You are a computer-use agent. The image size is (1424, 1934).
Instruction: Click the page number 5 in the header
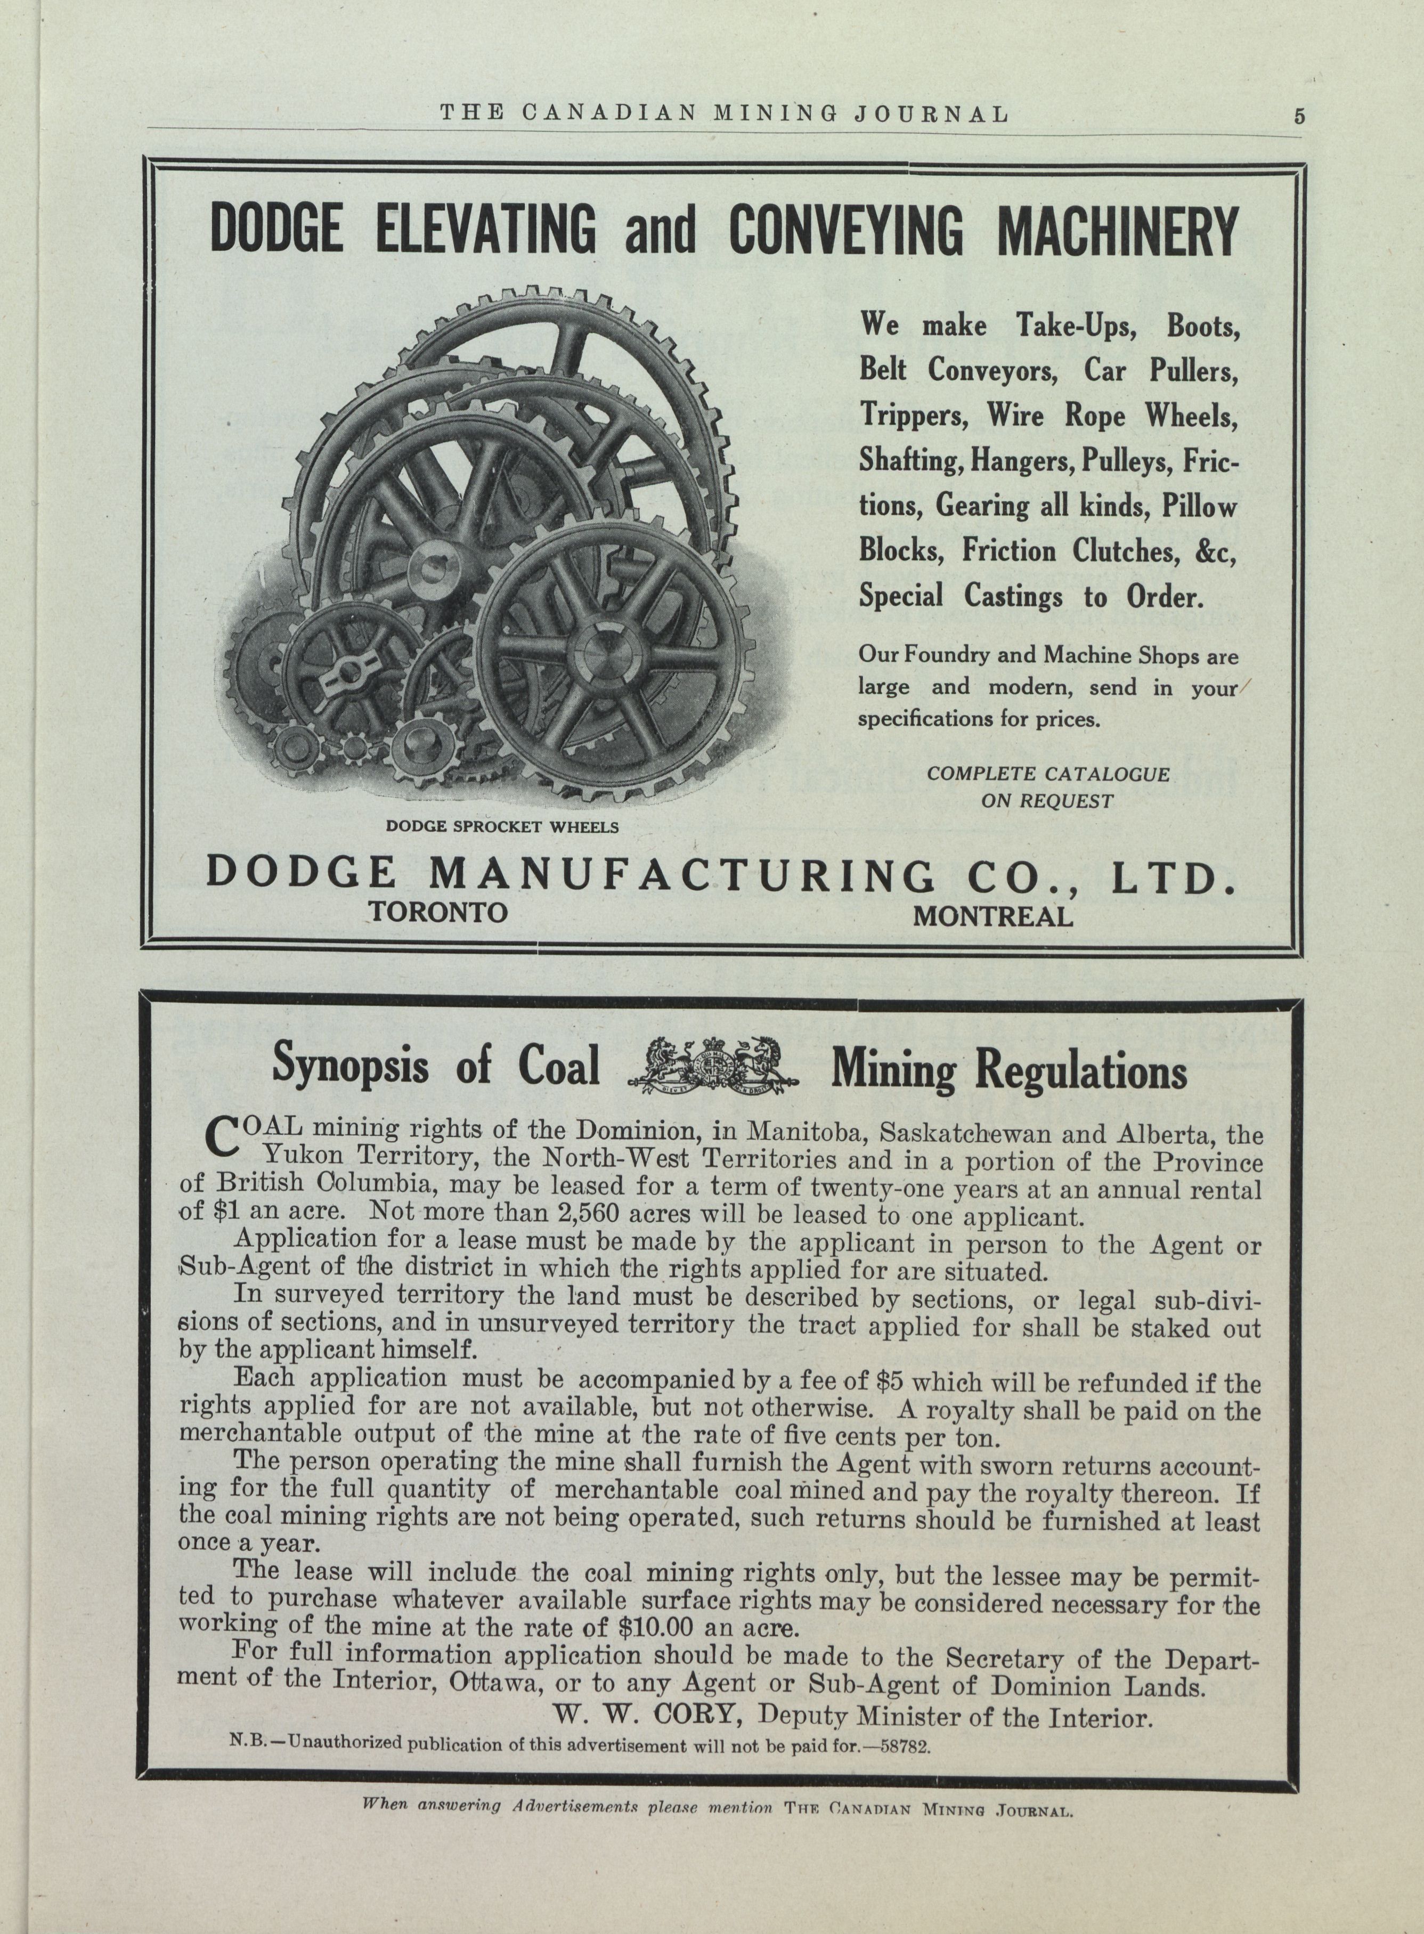point(1299,116)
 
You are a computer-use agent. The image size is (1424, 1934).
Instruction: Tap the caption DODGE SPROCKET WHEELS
point(502,826)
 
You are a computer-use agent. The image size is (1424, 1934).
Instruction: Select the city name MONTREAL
point(993,916)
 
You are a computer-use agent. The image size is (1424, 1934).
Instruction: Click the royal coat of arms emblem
point(714,1068)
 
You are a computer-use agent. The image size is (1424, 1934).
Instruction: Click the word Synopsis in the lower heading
point(350,1066)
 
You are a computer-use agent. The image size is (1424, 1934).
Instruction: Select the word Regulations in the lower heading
point(1080,1071)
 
